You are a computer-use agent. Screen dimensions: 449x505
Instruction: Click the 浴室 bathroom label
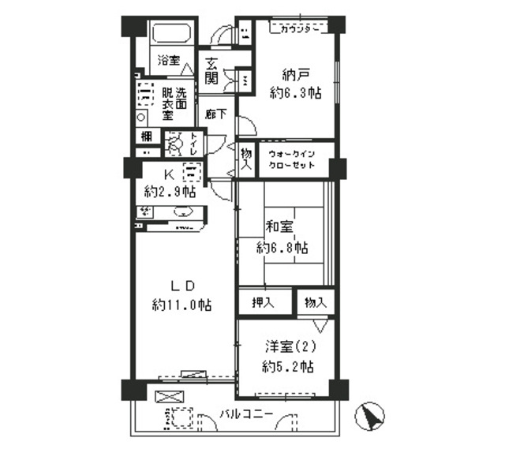[167, 60]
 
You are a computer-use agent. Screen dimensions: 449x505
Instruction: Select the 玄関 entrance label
[211, 71]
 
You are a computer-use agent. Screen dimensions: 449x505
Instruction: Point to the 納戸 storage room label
[292, 76]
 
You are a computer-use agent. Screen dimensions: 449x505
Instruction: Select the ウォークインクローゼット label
[292, 160]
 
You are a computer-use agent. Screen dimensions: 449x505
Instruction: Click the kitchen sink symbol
[183, 211]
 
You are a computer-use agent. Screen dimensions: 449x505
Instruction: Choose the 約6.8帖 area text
[282, 248]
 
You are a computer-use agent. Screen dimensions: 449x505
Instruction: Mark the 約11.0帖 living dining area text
[181, 304]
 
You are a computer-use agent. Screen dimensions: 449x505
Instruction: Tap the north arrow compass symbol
[372, 416]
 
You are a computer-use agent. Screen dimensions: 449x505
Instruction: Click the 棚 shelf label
[148, 137]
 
